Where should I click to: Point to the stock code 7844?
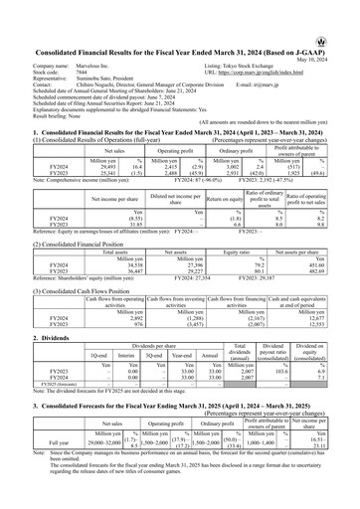83,41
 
